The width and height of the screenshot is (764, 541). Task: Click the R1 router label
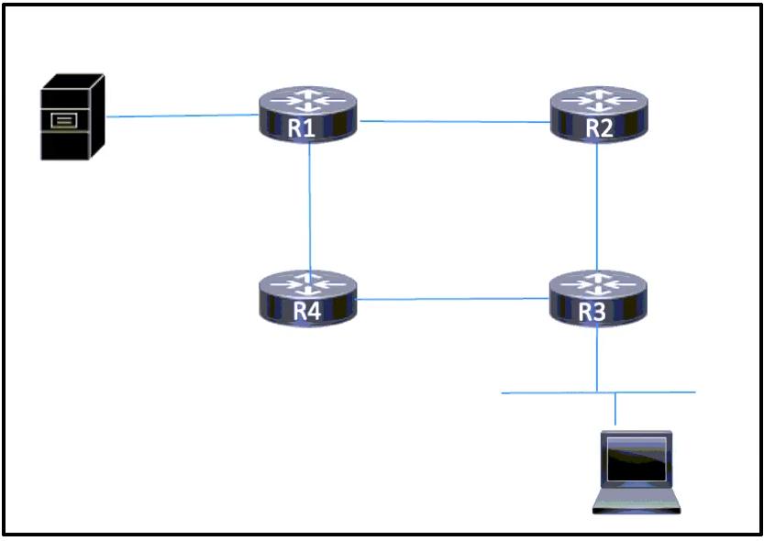[302, 127]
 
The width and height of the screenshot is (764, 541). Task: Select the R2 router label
[599, 127]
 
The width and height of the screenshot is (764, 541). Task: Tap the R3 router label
[592, 312]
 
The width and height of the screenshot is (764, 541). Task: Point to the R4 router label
[307, 311]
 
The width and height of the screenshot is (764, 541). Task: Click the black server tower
[72, 116]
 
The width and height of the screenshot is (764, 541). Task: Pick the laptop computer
[637, 472]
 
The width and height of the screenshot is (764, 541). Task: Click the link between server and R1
[183, 116]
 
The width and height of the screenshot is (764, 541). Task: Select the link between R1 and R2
[455, 122]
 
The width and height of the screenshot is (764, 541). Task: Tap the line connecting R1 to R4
[310, 207]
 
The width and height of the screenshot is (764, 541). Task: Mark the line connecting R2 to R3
[597, 206]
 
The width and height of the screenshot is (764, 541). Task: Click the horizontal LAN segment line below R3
[598, 392]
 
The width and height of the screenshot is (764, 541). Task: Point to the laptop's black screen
[637, 459]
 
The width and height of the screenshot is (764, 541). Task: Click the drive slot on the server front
[64, 120]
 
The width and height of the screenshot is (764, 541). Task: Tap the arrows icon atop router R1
[308, 101]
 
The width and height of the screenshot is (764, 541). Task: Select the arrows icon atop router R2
[599, 101]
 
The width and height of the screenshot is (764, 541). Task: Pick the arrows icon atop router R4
[308, 285]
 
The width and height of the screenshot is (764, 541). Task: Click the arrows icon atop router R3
[598, 285]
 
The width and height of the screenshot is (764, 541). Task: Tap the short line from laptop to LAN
[615, 409]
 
